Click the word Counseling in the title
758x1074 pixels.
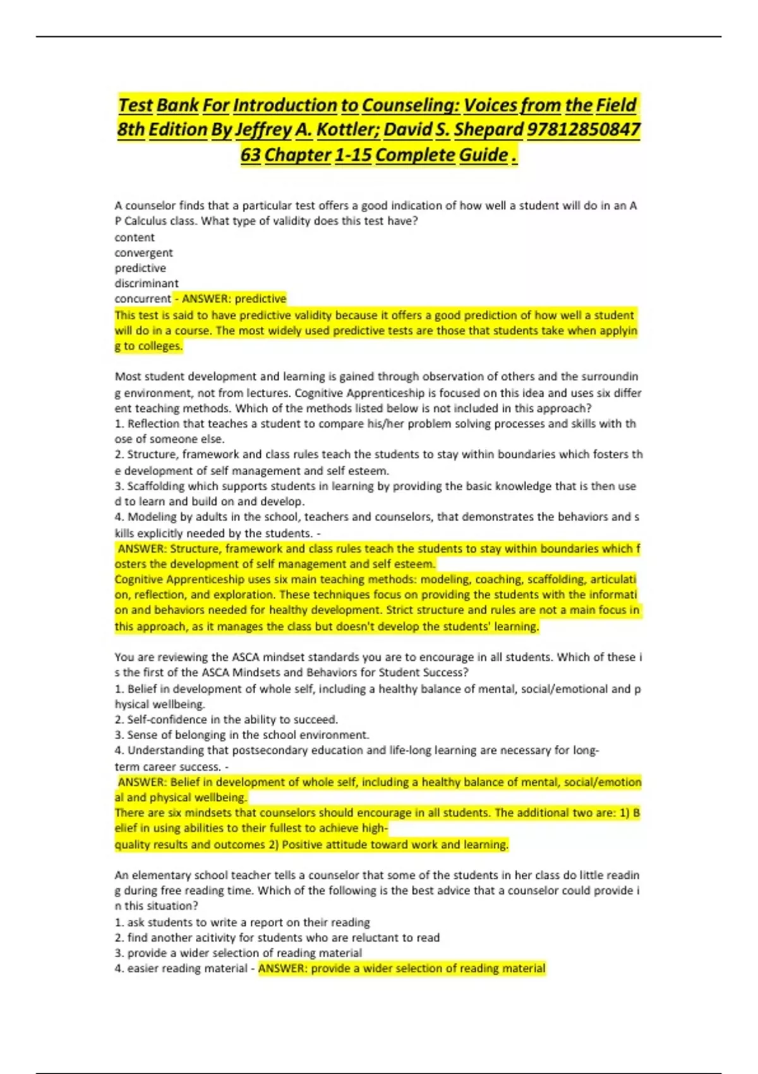(x=411, y=105)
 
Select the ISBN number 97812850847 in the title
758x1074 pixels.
(x=583, y=130)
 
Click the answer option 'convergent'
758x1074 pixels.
(x=143, y=253)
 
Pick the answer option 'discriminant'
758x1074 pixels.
(x=147, y=283)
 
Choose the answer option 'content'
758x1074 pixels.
(x=135, y=238)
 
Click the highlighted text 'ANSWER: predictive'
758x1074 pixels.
(x=234, y=298)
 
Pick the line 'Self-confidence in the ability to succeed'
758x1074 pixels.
(x=232, y=720)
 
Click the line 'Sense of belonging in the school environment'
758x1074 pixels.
(x=248, y=735)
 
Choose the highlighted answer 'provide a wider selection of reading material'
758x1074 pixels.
(x=402, y=968)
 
